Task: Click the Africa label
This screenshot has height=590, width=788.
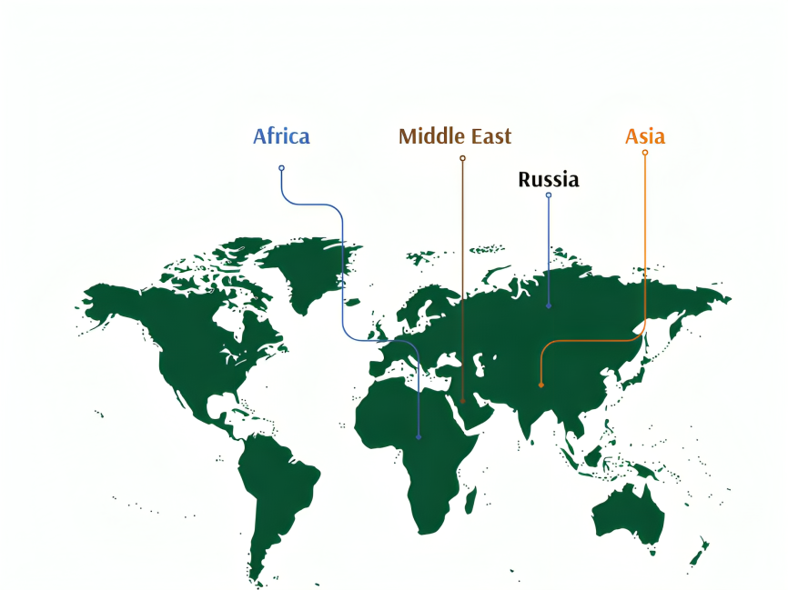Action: point(281,136)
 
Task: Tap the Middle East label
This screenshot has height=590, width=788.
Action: point(455,136)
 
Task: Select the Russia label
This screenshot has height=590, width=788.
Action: point(548,180)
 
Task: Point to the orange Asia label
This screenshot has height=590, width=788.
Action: point(644,136)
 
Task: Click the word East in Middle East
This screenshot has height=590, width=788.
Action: point(489,136)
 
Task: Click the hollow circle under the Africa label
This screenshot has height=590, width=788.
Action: point(281,167)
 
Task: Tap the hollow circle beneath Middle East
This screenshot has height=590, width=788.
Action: point(462,158)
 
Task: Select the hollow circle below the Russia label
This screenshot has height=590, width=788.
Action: point(548,195)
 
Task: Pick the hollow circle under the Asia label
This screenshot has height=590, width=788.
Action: point(645,153)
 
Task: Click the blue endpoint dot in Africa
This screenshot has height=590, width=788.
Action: point(419,437)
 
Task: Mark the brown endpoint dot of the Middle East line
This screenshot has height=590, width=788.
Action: point(462,400)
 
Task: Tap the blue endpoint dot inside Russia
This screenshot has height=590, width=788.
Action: point(548,306)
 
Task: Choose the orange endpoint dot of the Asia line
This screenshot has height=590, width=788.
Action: point(541,385)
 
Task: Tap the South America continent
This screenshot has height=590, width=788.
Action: point(273,491)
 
